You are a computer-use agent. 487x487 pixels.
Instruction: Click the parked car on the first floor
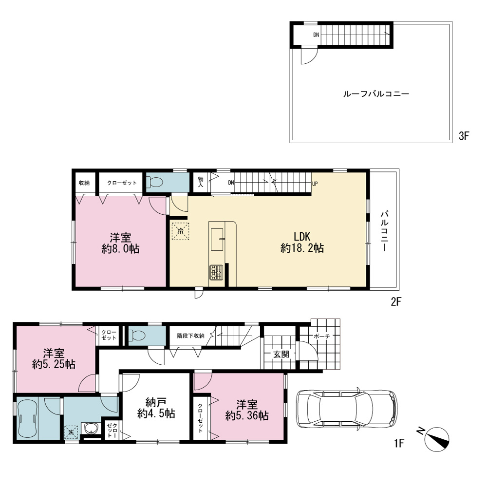click(347, 409)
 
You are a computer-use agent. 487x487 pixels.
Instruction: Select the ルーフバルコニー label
click(376, 94)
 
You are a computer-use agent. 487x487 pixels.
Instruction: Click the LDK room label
click(302, 237)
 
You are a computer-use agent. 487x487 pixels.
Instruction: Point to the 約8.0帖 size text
click(120, 249)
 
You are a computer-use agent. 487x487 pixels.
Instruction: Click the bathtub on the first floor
click(28, 418)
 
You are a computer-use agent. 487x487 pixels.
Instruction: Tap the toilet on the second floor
click(154, 182)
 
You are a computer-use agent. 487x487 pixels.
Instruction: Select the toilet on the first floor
click(137, 336)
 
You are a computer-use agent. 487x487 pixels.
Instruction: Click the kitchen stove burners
click(216, 272)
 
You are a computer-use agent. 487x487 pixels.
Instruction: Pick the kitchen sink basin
click(217, 240)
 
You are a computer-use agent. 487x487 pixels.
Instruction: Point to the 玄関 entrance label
click(281, 354)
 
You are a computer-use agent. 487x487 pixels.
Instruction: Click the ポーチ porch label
click(322, 336)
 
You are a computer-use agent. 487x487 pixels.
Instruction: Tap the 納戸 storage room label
click(156, 403)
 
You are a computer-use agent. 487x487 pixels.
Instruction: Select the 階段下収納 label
click(190, 336)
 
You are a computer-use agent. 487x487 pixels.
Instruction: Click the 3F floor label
click(464, 136)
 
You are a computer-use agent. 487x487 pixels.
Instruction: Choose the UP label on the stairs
click(315, 184)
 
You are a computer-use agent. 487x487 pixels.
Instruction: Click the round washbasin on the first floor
click(91, 429)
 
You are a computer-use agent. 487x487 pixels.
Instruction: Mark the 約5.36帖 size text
click(247, 415)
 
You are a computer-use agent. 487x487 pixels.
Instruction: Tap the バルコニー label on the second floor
click(385, 231)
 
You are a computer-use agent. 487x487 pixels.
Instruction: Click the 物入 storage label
click(201, 182)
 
